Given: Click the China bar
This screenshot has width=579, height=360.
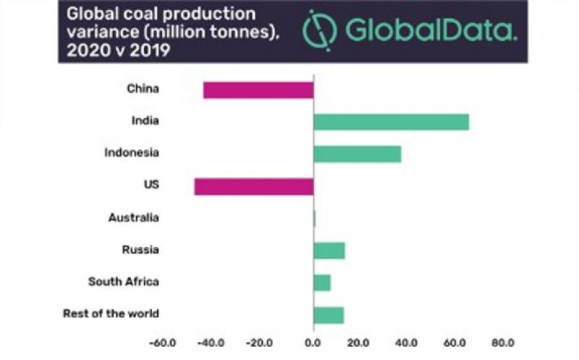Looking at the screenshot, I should (x=258, y=90).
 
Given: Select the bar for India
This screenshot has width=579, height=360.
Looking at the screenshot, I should (x=391, y=122).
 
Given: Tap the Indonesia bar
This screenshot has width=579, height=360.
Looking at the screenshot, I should (x=357, y=154).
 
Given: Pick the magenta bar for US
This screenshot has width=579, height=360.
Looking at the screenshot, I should (x=254, y=186).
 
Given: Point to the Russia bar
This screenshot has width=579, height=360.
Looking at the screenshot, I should (x=329, y=251).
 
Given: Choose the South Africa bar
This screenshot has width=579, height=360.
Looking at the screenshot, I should (x=322, y=282).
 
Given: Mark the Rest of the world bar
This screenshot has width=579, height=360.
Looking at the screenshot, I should (x=329, y=315).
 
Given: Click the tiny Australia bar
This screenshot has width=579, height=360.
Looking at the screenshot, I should (x=315, y=218).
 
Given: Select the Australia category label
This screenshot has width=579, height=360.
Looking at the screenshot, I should (x=133, y=217).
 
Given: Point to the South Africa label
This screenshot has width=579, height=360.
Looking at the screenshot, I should (x=123, y=282).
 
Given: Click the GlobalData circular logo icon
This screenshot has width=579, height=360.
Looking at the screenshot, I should (x=319, y=29).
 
